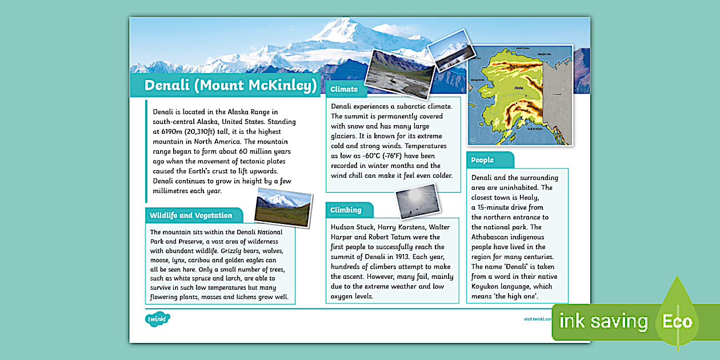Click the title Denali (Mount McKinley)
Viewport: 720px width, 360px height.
(x=230, y=86)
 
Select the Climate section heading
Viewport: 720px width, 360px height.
(x=344, y=89)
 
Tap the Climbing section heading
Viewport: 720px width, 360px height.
(x=346, y=210)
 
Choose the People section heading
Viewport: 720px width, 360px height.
(x=483, y=160)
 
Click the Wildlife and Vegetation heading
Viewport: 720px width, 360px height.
(x=191, y=215)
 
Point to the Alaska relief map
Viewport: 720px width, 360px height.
(x=520, y=94)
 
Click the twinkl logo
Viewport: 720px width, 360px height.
(x=157, y=319)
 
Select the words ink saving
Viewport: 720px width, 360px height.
(x=603, y=322)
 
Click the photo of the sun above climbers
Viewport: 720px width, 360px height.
(x=417, y=201)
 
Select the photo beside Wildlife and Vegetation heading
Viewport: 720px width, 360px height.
(x=283, y=206)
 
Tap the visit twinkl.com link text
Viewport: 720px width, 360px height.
(x=537, y=319)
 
